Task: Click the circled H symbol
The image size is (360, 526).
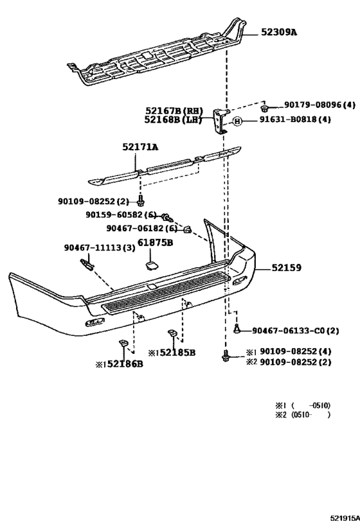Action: (237, 120)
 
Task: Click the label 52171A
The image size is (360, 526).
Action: (141, 147)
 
